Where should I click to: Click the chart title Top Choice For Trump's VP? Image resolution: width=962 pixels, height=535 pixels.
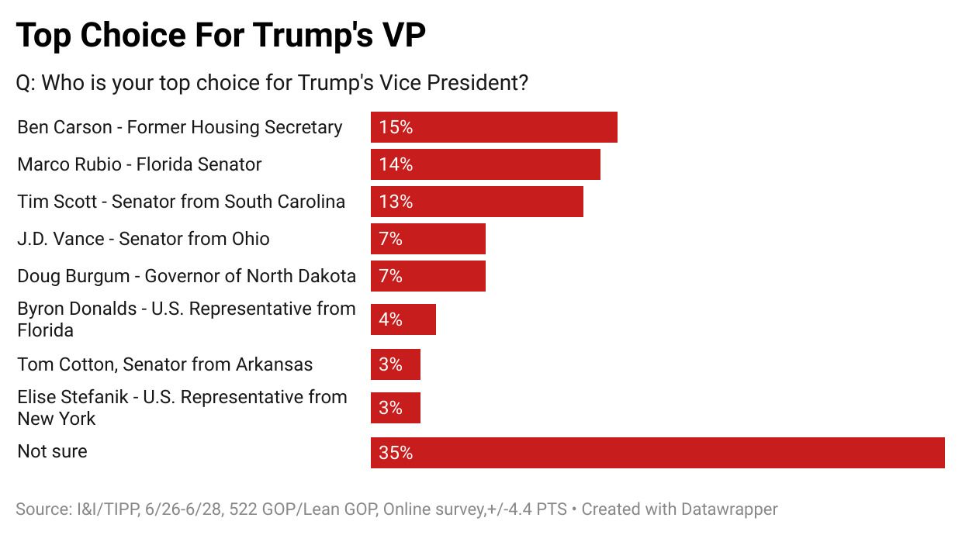(221, 36)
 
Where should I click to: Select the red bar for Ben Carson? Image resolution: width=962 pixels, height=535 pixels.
(493, 127)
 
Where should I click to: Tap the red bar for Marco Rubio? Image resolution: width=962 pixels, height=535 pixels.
(485, 164)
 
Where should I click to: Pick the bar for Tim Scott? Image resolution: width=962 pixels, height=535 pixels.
(476, 202)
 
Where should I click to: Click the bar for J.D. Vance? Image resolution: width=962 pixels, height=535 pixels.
(427, 239)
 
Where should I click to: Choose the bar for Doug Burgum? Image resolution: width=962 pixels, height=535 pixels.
(427, 276)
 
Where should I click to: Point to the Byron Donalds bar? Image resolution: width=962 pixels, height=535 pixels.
(403, 319)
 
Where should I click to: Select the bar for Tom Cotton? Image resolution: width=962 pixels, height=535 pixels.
(395, 364)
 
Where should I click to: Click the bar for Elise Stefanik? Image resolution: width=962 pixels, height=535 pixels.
(395, 408)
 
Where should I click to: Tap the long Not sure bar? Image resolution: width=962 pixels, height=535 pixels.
(657, 453)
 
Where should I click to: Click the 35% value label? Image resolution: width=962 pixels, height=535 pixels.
(396, 453)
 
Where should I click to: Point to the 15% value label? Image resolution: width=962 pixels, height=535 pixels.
(396, 127)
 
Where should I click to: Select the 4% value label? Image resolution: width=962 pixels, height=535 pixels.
(391, 319)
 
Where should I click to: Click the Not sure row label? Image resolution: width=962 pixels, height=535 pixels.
(52, 451)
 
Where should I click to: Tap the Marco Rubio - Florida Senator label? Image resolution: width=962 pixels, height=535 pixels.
(140, 164)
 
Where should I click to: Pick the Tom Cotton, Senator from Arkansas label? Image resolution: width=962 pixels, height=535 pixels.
(165, 364)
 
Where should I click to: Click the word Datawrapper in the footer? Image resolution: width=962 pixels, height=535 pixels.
(729, 509)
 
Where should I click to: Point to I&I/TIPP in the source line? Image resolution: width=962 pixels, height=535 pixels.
(112, 509)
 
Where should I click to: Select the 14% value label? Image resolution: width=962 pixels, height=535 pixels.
(396, 164)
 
